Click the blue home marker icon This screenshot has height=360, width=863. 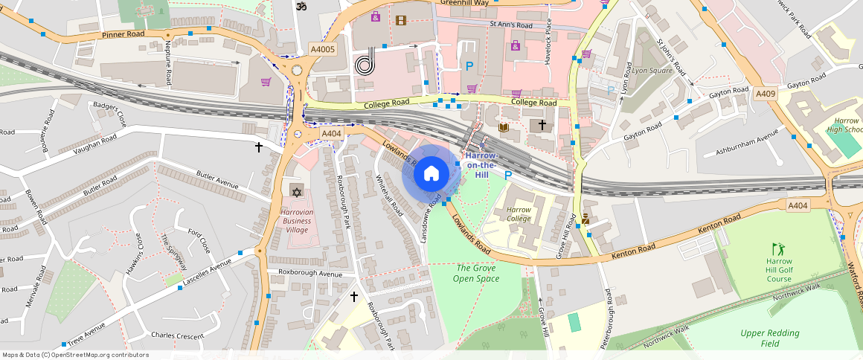431,175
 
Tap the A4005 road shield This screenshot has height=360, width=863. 323,49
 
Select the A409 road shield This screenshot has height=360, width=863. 766,94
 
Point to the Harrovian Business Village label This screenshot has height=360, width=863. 296,221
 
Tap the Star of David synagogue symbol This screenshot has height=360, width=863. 297,193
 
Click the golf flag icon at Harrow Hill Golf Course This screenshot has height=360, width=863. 778,248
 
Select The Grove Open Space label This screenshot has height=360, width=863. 477,273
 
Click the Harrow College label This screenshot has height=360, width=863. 519,214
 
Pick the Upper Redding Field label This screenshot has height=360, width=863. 770,338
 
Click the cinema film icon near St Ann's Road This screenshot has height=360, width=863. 402,20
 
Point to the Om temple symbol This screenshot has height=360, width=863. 302,6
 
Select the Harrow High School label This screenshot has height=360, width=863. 847,125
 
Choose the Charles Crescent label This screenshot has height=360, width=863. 177,335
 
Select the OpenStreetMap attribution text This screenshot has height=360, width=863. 75,355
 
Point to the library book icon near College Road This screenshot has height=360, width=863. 504,128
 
